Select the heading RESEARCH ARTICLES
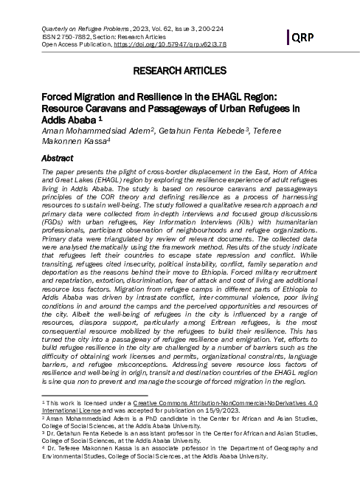tap(180, 72)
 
